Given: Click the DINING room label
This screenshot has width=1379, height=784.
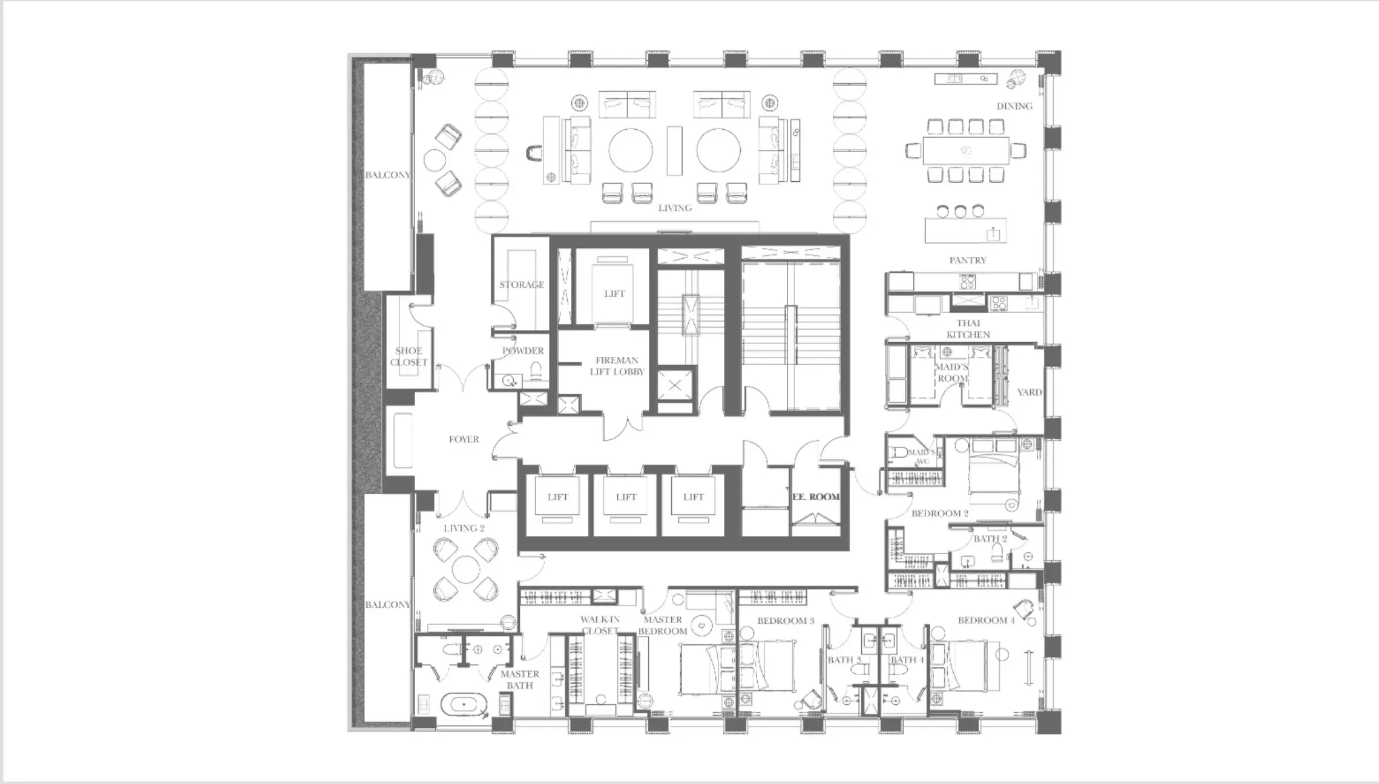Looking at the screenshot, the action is coord(1014,106).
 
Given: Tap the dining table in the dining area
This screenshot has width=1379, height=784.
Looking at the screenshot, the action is coord(966,150).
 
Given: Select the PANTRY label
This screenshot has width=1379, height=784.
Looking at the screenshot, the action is coord(968,260).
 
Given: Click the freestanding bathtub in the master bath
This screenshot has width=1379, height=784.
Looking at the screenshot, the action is coord(464,705).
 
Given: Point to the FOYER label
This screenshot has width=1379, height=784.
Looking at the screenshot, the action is coord(464,439).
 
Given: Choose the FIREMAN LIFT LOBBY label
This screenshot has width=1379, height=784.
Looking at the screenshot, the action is coord(617,366).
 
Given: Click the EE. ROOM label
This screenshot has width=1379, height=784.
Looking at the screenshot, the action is coord(816,497).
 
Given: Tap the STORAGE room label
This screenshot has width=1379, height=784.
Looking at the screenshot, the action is coord(522,285).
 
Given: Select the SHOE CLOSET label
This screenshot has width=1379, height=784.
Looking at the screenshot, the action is coord(409,356).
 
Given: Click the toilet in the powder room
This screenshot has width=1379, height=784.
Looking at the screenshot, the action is coord(536,371).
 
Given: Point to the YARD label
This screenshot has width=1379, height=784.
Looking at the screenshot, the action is coord(1030,392).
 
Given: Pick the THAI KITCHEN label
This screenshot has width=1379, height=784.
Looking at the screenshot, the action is coord(969,329).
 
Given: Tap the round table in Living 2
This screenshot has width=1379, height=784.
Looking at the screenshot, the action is coord(466,569).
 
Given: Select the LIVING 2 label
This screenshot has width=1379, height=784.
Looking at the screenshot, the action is coord(464,529).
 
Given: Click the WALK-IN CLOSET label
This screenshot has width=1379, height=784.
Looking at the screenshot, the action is coord(600,625).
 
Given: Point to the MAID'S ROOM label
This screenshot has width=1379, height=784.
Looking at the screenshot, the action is coord(952,373).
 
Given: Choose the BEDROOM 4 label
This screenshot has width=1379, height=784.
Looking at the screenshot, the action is coord(986,620).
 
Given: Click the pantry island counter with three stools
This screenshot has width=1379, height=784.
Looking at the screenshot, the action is coord(966,230).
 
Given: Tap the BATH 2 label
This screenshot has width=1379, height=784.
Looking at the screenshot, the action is coord(990,539).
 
